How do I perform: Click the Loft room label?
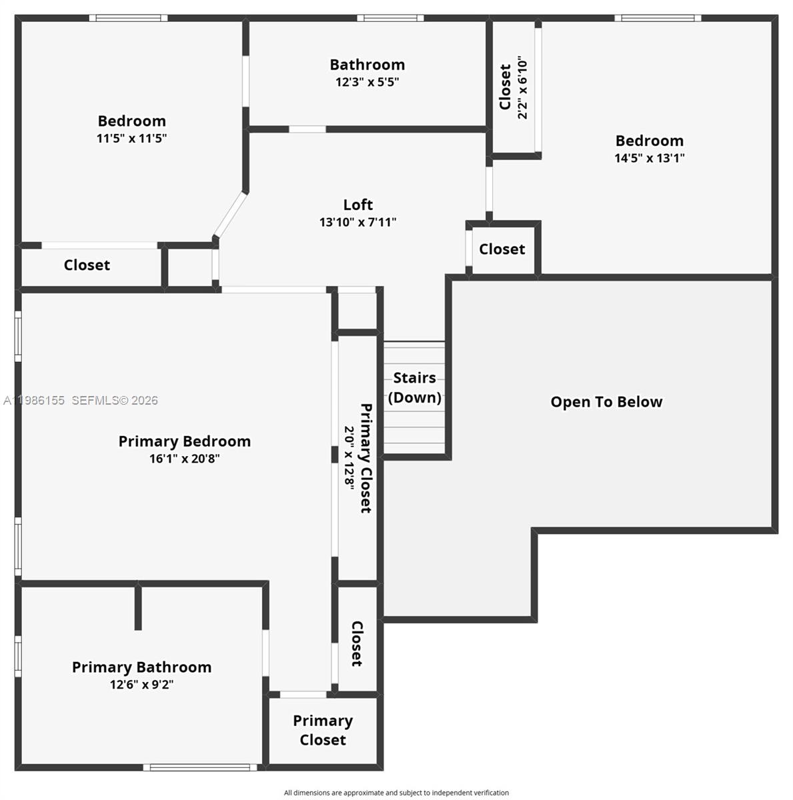(x=358, y=205)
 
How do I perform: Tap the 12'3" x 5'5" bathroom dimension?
(x=367, y=82)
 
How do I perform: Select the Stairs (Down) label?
(x=414, y=387)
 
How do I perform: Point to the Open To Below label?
(x=606, y=402)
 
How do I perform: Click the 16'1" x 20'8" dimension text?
(x=185, y=459)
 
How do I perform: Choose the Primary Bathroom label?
(x=141, y=667)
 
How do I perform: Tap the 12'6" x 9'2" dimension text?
(x=141, y=685)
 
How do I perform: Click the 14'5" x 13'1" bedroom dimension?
(x=649, y=158)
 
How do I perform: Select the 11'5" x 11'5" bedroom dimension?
(x=131, y=139)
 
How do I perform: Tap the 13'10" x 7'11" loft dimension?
(x=357, y=222)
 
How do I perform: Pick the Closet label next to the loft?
(x=502, y=249)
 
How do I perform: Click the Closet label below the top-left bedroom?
(x=87, y=265)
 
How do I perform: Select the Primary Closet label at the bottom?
(x=323, y=730)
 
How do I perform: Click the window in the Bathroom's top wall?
(x=389, y=18)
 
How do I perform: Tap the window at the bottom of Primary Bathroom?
(x=200, y=767)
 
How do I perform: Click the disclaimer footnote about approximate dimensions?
(x=396, y=793)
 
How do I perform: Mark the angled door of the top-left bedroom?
(x=230, y=215)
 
